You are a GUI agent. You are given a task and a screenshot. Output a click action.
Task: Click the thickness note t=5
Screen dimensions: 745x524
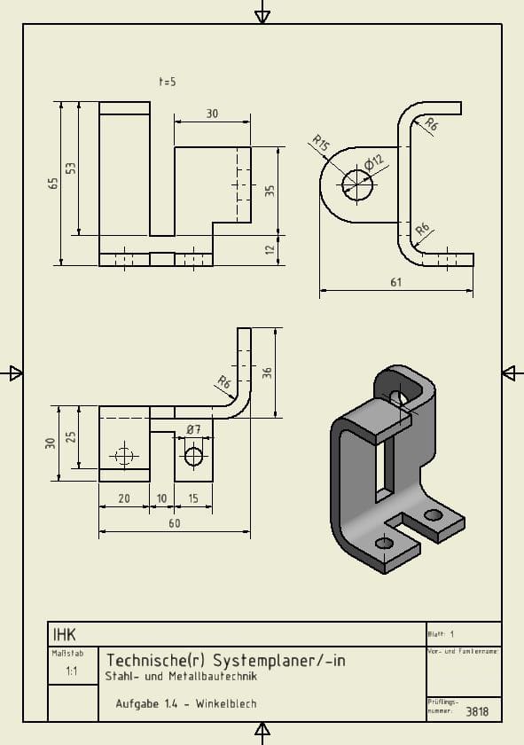pos(168,82)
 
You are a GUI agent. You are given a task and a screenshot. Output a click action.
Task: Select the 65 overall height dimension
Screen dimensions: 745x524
pos(53,183)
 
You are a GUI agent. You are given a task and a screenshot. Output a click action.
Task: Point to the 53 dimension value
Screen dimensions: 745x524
pos(72,169)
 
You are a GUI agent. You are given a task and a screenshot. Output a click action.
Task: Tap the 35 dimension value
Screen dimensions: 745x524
pos(270,191)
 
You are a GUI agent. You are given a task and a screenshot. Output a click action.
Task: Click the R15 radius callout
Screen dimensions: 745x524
pos(320,143)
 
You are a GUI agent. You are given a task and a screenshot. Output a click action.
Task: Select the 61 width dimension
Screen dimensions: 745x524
pos(395,282)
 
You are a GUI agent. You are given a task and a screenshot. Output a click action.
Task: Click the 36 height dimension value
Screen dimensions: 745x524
pos(267,373)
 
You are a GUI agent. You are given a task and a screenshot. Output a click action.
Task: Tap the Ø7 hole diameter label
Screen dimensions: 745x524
pos(193,430)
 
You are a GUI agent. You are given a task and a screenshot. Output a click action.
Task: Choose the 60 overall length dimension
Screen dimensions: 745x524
pos(175,523)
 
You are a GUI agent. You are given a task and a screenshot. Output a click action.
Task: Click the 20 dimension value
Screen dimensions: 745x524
pos(124,498)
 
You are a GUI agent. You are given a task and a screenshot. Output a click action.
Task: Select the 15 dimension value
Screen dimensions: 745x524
pos(193,498)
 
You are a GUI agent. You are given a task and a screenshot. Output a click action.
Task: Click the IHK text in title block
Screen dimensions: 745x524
pos(65,634)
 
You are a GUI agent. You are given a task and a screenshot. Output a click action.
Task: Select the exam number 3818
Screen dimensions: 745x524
pos(477,711)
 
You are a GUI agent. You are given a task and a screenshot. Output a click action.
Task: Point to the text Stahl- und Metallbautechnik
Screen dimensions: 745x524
pos(181,676)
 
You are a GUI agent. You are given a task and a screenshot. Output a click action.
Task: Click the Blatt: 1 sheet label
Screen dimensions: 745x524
pos(441,634)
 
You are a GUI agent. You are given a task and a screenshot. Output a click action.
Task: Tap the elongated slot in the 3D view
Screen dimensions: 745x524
pos(383,466)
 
